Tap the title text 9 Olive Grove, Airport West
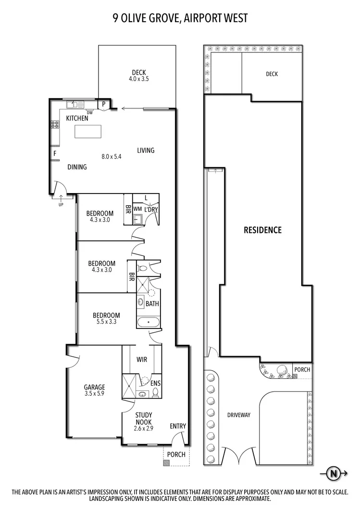[180, 18]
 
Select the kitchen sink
[76, 104]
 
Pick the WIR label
[142, 359]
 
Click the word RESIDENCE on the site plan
[262, 230]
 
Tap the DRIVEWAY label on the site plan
[239, 415]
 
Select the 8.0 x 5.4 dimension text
[112, 156]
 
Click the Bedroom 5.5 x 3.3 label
[106, 319]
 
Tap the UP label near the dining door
[61, 204]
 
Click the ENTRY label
[177, 426]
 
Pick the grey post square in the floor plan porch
[166, 463]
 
